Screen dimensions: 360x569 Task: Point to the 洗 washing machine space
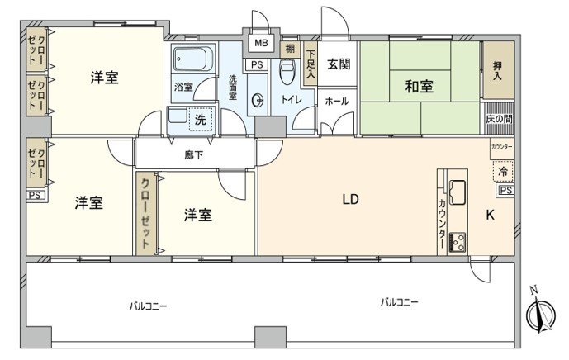(200, 119)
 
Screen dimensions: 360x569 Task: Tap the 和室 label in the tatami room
(420, 85)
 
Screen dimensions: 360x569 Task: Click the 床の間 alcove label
(498, 116)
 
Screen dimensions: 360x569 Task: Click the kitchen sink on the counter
(458, 193)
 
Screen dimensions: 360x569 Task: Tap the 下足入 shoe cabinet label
(311, 64)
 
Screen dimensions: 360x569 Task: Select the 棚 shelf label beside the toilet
(289, 49)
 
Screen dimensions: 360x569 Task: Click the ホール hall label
(336, 101)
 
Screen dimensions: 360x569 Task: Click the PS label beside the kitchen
(505, 191)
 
